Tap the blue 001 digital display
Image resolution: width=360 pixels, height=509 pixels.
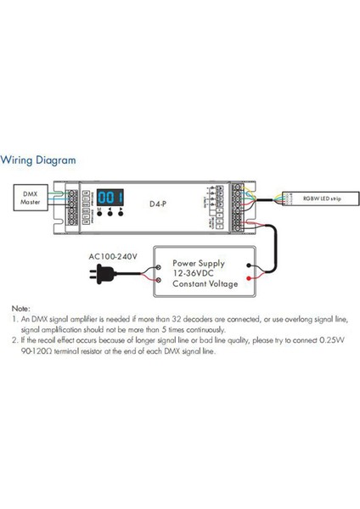[x=110, y=193]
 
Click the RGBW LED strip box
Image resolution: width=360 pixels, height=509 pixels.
[x=317, y=197]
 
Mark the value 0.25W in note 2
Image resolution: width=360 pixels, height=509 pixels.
[x=329, y=342]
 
